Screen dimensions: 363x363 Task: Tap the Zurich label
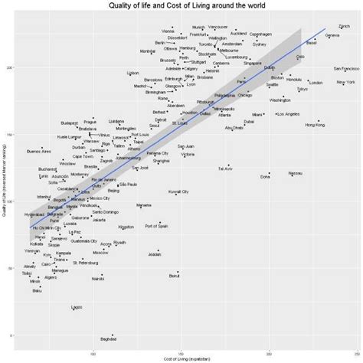345,26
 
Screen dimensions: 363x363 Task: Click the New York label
345,82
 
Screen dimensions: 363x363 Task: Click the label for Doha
265,176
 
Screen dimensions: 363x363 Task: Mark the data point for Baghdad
113,335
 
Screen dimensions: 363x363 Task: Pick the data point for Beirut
178,272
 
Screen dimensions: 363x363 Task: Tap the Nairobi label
97,280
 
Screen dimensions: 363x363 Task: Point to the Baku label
37,291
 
